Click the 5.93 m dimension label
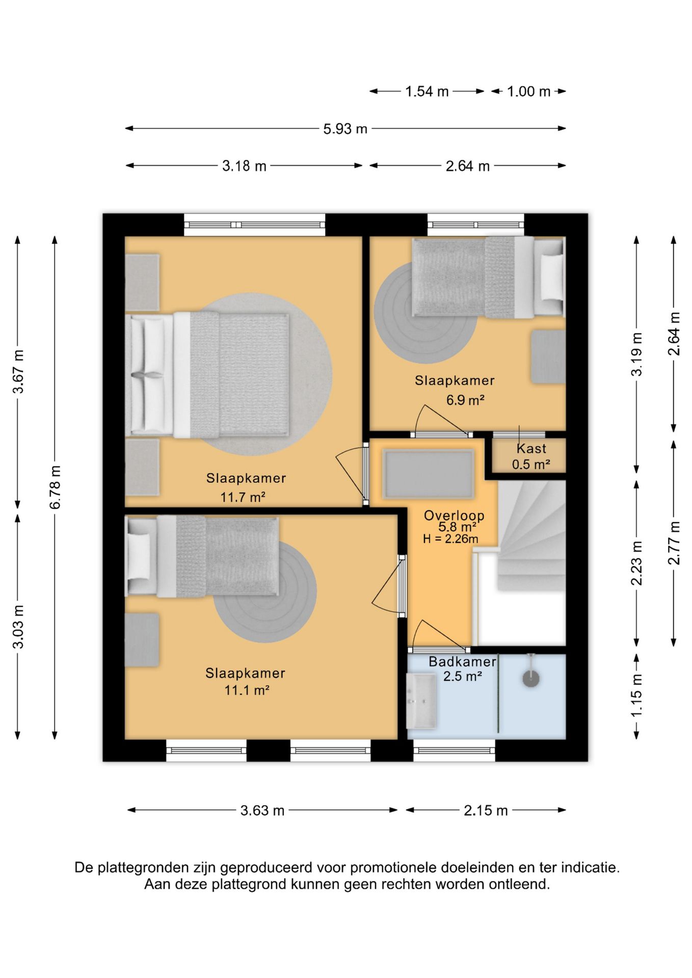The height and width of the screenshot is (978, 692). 345,129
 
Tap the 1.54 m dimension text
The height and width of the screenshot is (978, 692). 427,92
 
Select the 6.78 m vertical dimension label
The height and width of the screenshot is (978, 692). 55,487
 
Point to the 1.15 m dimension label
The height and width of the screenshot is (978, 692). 636,695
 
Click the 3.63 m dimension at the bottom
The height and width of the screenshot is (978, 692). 262,810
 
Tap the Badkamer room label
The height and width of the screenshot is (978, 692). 462,662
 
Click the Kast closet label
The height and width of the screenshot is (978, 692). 531,449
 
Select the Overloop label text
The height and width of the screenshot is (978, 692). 454,515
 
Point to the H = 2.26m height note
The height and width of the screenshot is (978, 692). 450,539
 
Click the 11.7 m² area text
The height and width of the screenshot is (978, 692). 243,497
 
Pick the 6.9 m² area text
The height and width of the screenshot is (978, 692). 465,400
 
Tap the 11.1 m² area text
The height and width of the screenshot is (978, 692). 247,690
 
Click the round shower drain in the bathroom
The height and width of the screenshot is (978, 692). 531,678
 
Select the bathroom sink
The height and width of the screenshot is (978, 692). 421,701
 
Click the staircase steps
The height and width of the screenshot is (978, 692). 531,535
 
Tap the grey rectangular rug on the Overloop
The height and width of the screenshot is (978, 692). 429,474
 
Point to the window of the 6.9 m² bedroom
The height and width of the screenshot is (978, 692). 476,225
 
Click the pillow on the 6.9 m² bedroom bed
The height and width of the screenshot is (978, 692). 551,278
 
